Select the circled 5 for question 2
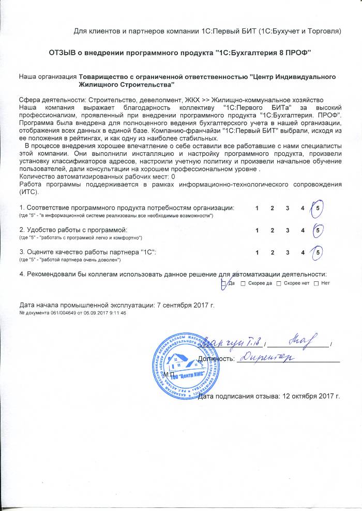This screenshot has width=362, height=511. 319,229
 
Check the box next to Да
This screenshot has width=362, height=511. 223,283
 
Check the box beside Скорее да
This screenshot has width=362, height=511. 243,283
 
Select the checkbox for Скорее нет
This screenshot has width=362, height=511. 279,283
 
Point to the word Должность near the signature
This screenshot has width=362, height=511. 216,358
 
